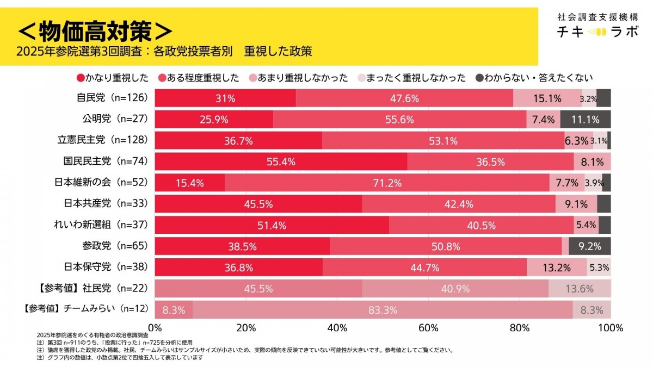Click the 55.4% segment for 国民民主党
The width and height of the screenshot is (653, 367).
tap(281, 161)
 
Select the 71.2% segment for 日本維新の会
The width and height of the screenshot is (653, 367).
tap(387, 183)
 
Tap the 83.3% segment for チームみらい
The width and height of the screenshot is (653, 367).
tap(382, 310)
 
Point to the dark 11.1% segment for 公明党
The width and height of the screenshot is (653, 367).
tap(585, 120)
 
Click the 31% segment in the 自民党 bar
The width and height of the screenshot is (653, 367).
tap(225, 98)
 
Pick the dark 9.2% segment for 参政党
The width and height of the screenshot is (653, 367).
tap(590, 246)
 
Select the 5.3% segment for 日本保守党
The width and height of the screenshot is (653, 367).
tap(599, 268)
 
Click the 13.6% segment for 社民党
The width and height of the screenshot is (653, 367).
tap(580, 289)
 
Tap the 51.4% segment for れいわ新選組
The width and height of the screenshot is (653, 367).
tap(272, 225)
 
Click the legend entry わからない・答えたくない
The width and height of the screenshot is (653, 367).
tap(534, 78)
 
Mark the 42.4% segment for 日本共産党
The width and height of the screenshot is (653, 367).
tap(459, 204)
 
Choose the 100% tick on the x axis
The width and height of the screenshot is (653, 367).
tap(611, 328)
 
